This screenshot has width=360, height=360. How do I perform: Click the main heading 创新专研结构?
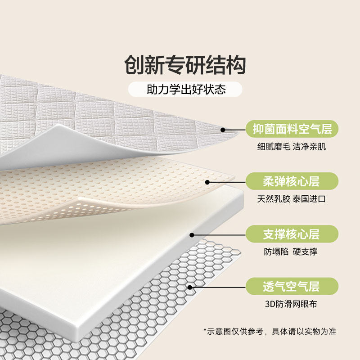pos(185,65)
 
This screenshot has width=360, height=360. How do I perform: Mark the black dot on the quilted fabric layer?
pos(223,130)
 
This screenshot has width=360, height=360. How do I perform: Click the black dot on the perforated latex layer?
pos(207,182)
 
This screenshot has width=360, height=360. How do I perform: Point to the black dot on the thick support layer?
pos(192,234)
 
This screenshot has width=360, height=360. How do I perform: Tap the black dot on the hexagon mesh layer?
pos(190,287)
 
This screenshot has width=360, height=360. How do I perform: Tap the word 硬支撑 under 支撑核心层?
pos(304,252)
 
